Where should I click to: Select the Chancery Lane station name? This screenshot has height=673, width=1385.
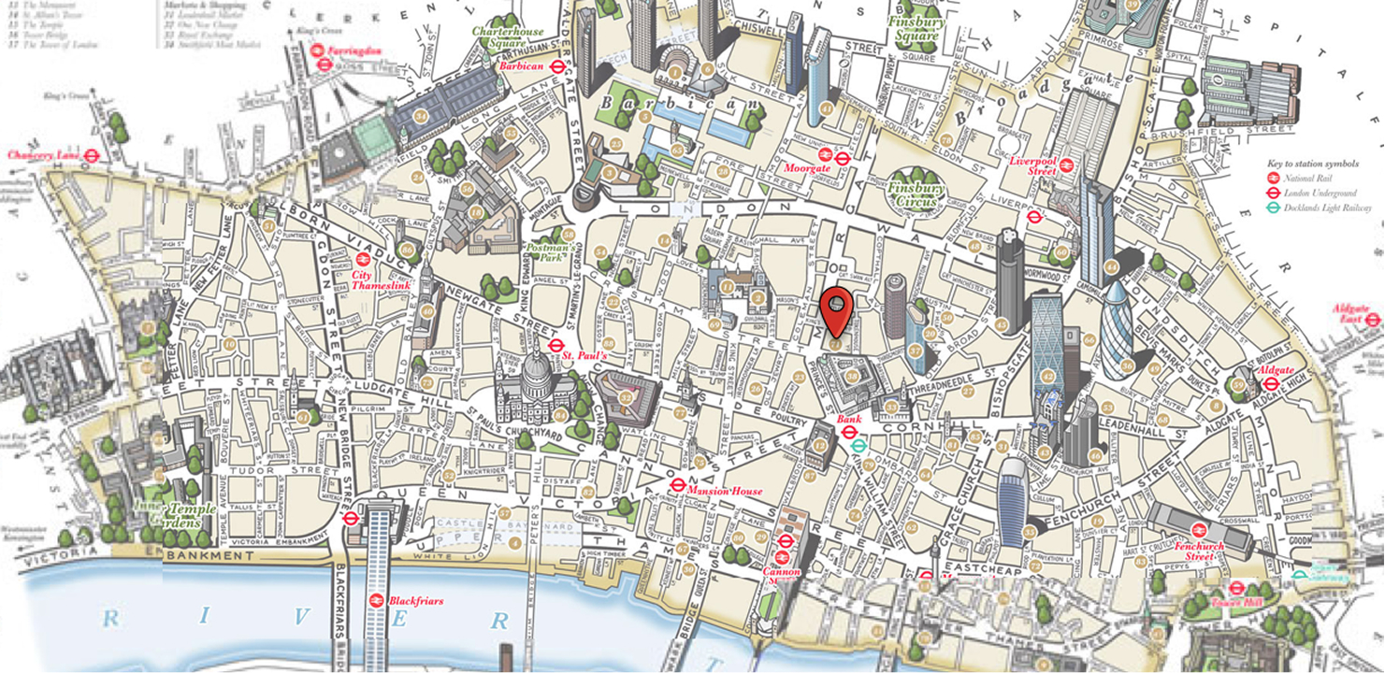coord(44,154)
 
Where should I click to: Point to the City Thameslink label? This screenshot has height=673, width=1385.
coord(381,279)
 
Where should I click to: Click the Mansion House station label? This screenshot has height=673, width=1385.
coord(724,491)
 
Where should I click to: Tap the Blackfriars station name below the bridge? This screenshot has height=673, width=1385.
coord(416,601)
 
